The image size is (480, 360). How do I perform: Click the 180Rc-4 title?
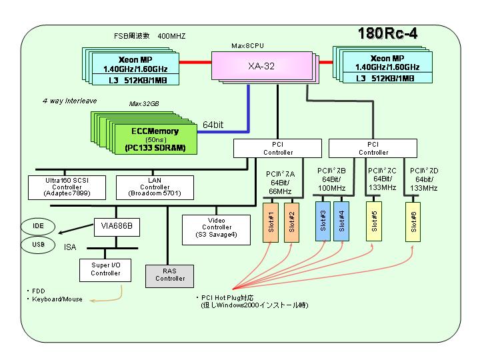(387, 33)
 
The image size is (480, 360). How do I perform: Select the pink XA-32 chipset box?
(262, 66)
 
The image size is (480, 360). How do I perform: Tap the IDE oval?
(38, 226)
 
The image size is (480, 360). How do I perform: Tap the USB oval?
(38, 245)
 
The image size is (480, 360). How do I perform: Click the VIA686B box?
(117, 227)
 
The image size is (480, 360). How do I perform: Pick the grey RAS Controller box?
(169, 276)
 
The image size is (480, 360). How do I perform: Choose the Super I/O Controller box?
(105, 270)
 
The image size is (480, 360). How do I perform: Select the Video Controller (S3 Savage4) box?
(216, 229)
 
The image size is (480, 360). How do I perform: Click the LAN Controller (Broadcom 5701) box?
(155, 187)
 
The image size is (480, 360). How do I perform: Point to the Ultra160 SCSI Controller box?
(67, 187)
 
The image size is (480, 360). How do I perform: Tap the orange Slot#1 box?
(271, 222)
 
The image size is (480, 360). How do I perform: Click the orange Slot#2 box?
(291, 222)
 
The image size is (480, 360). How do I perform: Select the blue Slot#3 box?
(323, 221)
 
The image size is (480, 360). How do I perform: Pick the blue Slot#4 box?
(341, 221)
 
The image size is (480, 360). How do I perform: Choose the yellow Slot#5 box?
(374, 221)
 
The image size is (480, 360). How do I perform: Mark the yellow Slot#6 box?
(413, 221)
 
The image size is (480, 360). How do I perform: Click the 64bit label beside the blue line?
(213, 125)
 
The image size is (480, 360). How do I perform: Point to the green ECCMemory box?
(155, 139)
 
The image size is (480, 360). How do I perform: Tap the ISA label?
(70, 247)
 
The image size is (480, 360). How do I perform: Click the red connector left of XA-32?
(195, 63)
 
